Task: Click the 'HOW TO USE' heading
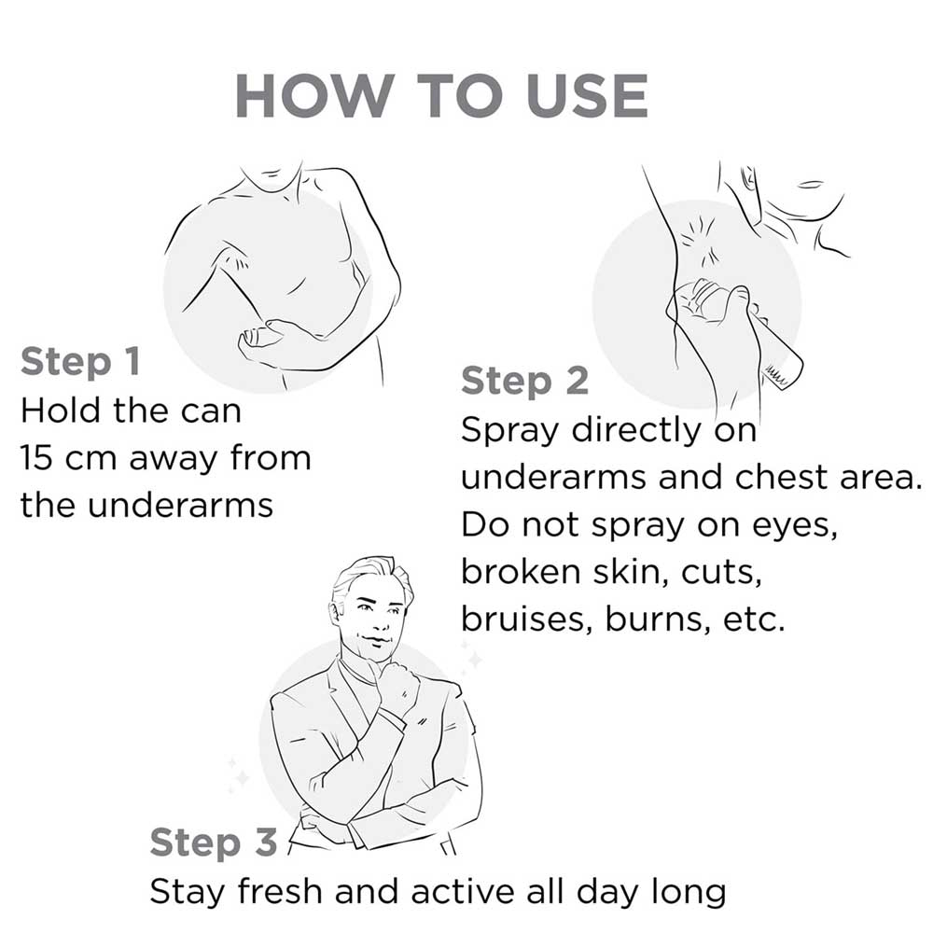[441, 96]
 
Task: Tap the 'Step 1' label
[80, 362]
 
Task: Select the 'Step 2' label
[524, 381]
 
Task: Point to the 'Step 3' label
[214, 843]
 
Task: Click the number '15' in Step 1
[37, 458]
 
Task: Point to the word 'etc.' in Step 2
[754, 620]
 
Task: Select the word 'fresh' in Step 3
[280, 892]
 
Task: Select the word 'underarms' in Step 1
[180, 506]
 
